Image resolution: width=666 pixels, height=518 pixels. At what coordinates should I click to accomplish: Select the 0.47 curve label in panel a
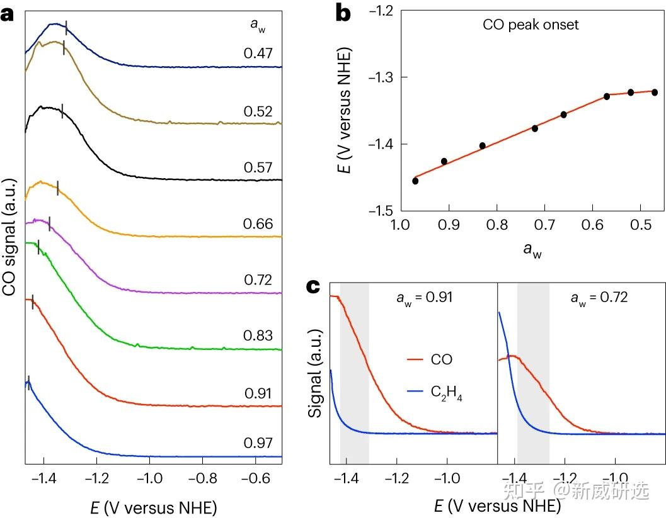pyautogui.click(x=258, y=53)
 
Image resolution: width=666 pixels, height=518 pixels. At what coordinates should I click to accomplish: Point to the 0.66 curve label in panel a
pyautogui.click(x=258, y=224)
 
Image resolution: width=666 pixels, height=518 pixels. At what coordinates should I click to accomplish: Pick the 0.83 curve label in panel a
pyautogui.click(x=258, y=336)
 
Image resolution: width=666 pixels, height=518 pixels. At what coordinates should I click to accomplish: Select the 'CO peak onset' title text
pyautogui.click(x=531, y=25)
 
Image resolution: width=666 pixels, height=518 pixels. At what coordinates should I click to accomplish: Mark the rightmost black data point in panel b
pyautogui.click(x=655, y=93)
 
